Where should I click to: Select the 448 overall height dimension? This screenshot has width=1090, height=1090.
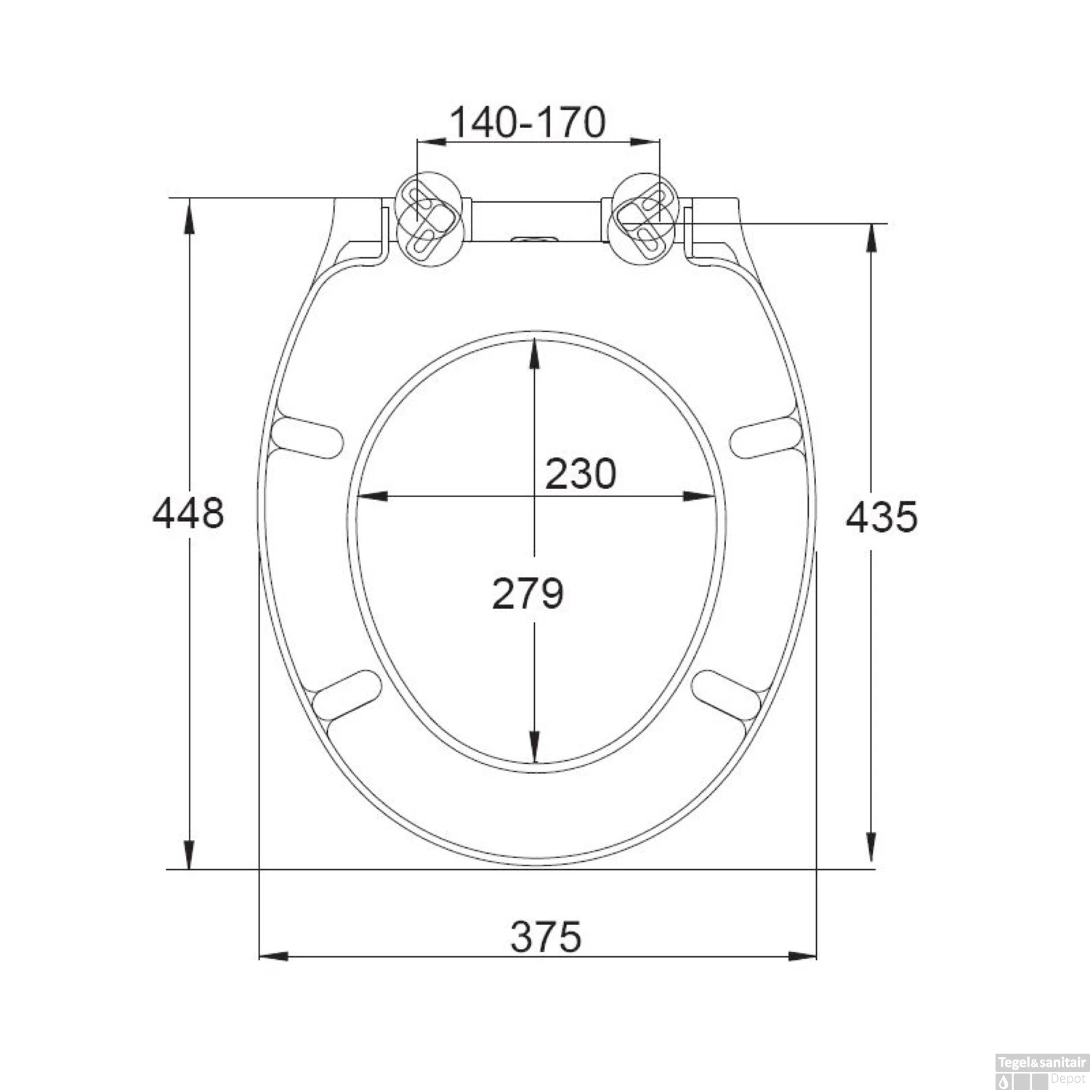click(188, 513)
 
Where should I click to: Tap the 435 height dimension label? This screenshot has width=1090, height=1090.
click(882, 517)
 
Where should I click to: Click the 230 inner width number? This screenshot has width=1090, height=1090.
click(580, 474)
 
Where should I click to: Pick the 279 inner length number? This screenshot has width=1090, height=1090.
click(528, 593)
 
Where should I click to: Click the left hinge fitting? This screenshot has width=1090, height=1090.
click(427, 217)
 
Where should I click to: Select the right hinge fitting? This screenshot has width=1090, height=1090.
click(645, 217)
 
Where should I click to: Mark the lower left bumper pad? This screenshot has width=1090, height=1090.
click(347, 695)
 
